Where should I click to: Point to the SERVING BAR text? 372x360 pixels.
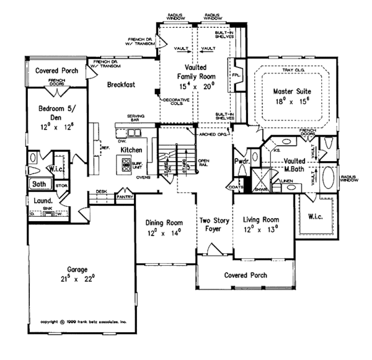[x=136, y=118]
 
